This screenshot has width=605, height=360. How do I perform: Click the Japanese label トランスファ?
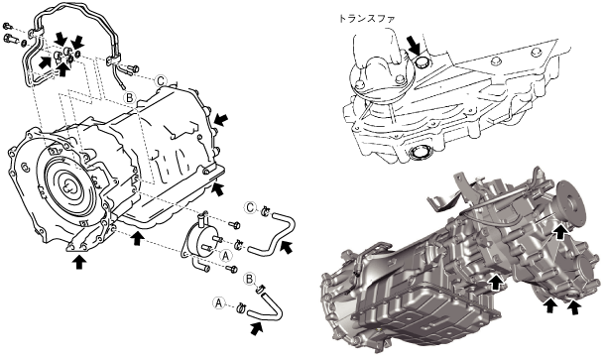[x=367, y=19]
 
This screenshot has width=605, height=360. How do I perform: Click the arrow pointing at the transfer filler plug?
[x=414, y=45]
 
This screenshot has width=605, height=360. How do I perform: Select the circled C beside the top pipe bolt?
[x=161, y=81]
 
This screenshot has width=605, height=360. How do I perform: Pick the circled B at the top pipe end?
[x=130, y=97]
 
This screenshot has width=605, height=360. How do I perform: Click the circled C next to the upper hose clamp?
[x=251, y=208]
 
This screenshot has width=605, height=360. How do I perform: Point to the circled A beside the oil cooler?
[x=226, y=255]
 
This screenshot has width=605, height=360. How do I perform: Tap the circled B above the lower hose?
[x=250, y=279]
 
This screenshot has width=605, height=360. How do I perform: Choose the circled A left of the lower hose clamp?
[x=219, y=303]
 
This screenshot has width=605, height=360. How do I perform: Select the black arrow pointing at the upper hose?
[x=286, y=247]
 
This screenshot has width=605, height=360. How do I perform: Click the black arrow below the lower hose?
[x=257, y=328]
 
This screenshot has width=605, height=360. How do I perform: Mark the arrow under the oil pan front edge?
[x=136, y=237]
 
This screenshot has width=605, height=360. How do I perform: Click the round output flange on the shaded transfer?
[x=571, y=202]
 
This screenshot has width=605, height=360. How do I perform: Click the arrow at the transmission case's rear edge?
[x=221, y=119]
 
